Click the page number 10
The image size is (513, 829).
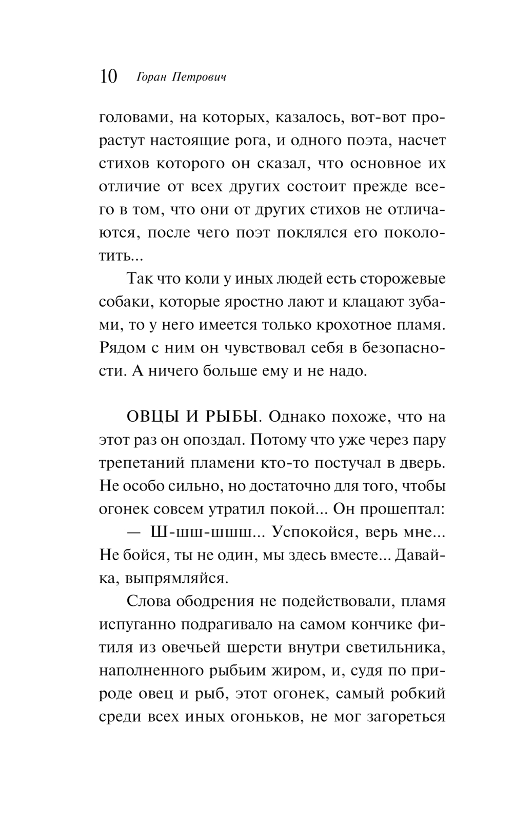pos(108,77)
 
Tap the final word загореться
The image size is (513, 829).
pos(406,718)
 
